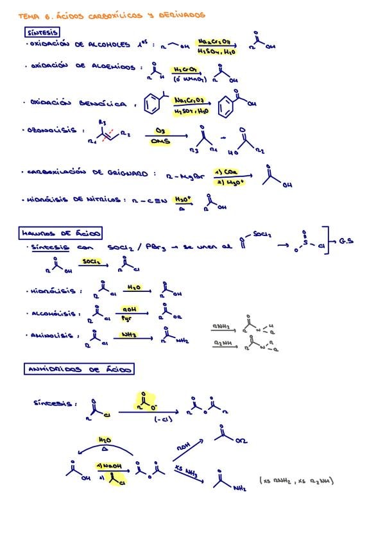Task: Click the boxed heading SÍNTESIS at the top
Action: click(43, 32)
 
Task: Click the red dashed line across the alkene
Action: click(108, 133)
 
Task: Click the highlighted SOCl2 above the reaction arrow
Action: click(90, 262)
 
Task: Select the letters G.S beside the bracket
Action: click(346, 242)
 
